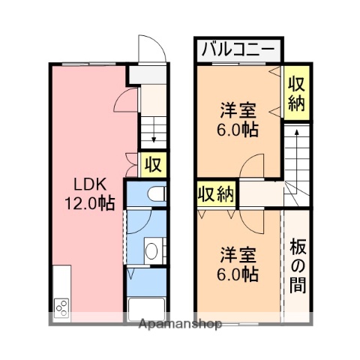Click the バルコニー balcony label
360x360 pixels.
coord(240,51)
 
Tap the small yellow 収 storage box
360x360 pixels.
coord(152,163)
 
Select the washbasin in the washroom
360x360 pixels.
coord(151,250)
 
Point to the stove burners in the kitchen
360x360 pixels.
coord(61,307)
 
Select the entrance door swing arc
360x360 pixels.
coord(152,47)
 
